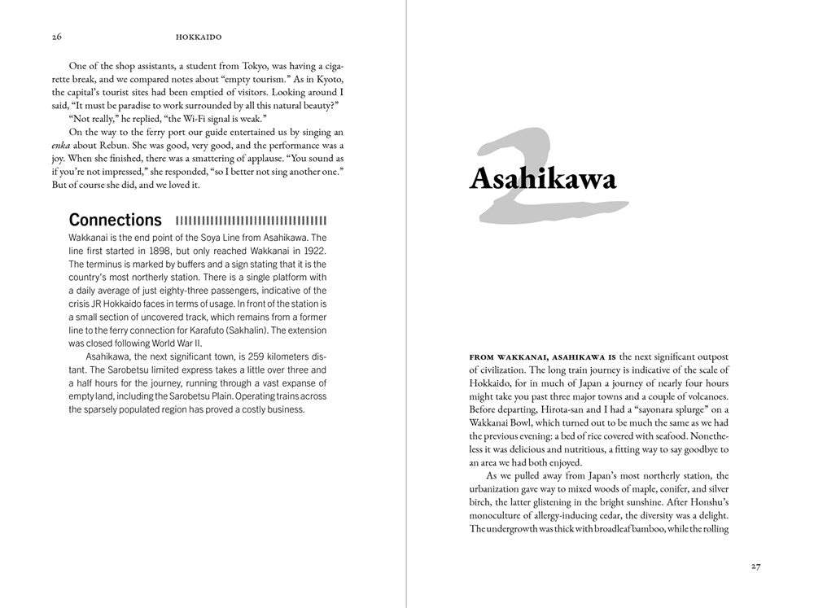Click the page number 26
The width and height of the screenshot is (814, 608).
(56, 37)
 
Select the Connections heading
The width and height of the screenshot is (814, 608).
(115, 220)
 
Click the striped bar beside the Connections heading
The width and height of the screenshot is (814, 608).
(251, 220)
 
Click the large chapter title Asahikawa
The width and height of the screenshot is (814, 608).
(543, 178)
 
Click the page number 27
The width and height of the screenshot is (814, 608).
(756, 567)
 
